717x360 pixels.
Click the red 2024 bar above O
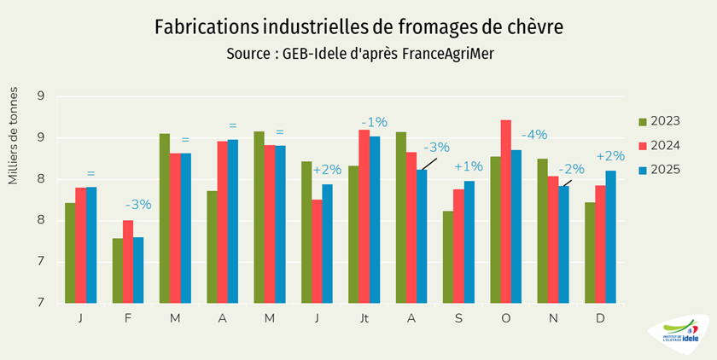click(x=505, y=212)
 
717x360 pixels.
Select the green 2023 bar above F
click(x=117, y=270)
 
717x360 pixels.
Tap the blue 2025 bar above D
click(x=610, y=237)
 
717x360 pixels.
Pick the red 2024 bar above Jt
click(x=364, y=217)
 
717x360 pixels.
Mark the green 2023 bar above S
click(x=447, y=257)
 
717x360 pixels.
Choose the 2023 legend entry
click(x=659, y=121)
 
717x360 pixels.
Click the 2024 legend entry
click(x=659, y=145)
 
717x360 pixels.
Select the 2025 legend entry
click(x=659, y=169)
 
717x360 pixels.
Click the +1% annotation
click(x=469, y=165)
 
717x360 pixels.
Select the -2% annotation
click(x=571, y=169)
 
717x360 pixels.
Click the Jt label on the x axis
click(x=364, y=317)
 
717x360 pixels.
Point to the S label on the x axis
click(x=458, y=317)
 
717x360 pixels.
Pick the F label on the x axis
click(x=127, y=317)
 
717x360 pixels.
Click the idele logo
click(x=679, y=334)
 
